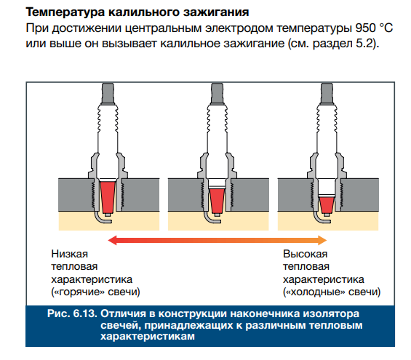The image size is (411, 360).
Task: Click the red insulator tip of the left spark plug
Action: (x=108, y=197)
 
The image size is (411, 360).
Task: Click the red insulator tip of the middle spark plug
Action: (x=218, y=201)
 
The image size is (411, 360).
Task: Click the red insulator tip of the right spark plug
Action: (x=327, y=205)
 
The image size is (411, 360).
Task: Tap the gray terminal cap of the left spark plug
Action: (x=108, y=93)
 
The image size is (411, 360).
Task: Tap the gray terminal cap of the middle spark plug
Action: (x=218, y=93)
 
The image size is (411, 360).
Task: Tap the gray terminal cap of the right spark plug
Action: (x=327, y=93)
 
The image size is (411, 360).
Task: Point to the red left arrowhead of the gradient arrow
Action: (x=112, y=240)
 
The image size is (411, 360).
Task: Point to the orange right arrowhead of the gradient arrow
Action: (x=322, y=240)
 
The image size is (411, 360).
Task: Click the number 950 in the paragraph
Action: (x=365, y=28)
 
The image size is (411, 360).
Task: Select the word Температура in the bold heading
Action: (x=65, y=12)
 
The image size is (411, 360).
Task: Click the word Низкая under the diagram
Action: (x=69, y=254)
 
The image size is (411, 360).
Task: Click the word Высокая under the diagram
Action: (x=305, y=254)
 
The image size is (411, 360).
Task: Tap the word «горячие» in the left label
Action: (x=78, y=292)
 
